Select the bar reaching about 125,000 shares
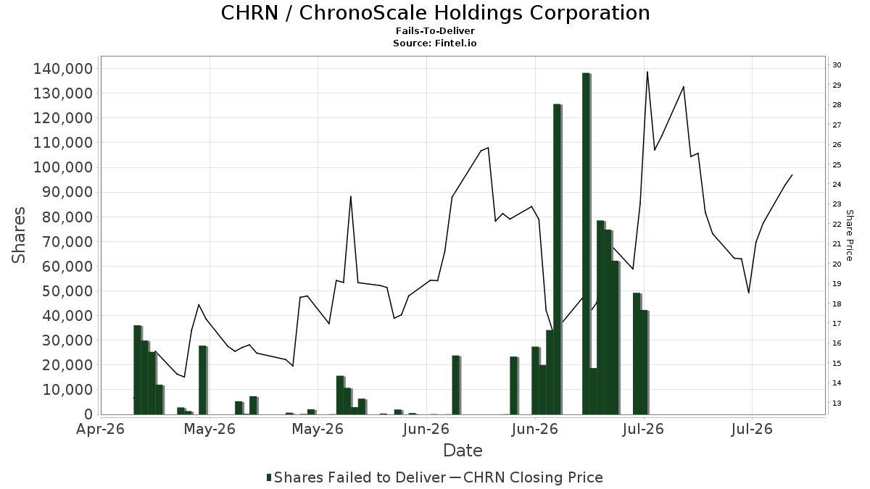(x=558, y=259)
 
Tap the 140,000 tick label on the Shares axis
(x=63, y=69)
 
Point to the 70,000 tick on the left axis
(x=67, y=242)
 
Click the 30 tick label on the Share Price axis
(x=837, y=64)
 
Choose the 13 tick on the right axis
(x=837, y=404)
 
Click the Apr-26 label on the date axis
(x=101, y=429)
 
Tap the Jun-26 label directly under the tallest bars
(x=535, y=429)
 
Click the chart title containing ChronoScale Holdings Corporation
(x=436, y=13)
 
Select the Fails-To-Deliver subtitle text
(x=436, y=30)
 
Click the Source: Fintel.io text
(x=435, y=43)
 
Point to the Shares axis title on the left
(x=18, y=235)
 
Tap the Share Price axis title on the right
(x=850, y=235)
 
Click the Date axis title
(x=463, y=451)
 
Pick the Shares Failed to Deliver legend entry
(x=356, y=477)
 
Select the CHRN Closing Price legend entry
(x=526, y=477)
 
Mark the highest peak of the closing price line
(x=647, y=72)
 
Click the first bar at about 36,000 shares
(x=137, y=370)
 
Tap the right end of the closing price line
(x=792, y=175)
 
